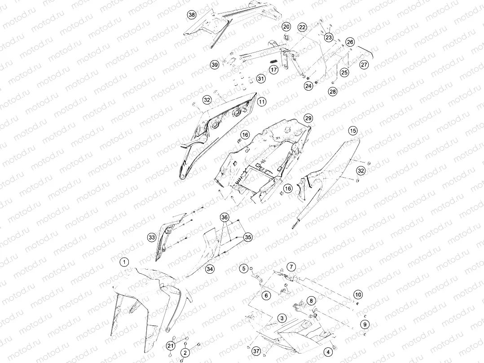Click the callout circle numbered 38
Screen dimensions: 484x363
192,14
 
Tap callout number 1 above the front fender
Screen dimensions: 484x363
124,262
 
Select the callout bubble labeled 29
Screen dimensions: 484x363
308,118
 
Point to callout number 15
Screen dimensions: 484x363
353,131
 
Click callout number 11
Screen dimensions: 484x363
262,101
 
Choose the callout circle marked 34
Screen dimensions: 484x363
210,269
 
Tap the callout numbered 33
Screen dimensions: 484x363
152,238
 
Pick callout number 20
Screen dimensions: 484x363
286,26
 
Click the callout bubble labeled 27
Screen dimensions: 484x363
364,65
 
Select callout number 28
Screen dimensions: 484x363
332,92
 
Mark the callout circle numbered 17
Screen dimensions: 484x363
274,70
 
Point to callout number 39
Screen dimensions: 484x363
215,65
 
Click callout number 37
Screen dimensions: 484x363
256,351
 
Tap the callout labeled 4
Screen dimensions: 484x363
328,352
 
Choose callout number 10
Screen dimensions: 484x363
358,294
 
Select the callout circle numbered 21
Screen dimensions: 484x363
171,346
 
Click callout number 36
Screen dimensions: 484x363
224,218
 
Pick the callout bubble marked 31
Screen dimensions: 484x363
261,79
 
